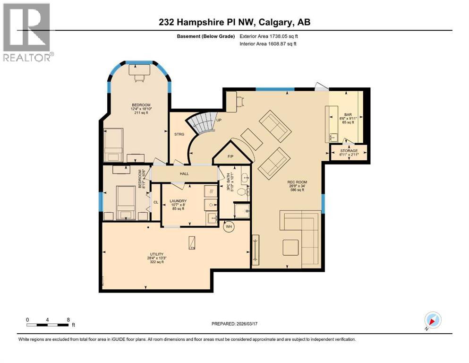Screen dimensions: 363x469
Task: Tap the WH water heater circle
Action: tap(229, 226)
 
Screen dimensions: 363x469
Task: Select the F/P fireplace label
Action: tap(231, 156)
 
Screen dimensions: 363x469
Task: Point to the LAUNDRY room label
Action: tap(179, 201)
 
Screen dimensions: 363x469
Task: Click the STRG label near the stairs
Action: tap(179, 134)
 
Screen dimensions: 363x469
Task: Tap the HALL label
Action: tap(185, 173)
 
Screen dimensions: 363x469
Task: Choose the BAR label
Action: tap(348, 114)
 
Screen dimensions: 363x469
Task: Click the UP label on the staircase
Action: tap(219, 120)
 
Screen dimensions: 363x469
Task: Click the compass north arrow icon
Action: tap(432, 320)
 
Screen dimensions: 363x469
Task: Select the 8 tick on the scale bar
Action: tap(69, 320)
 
